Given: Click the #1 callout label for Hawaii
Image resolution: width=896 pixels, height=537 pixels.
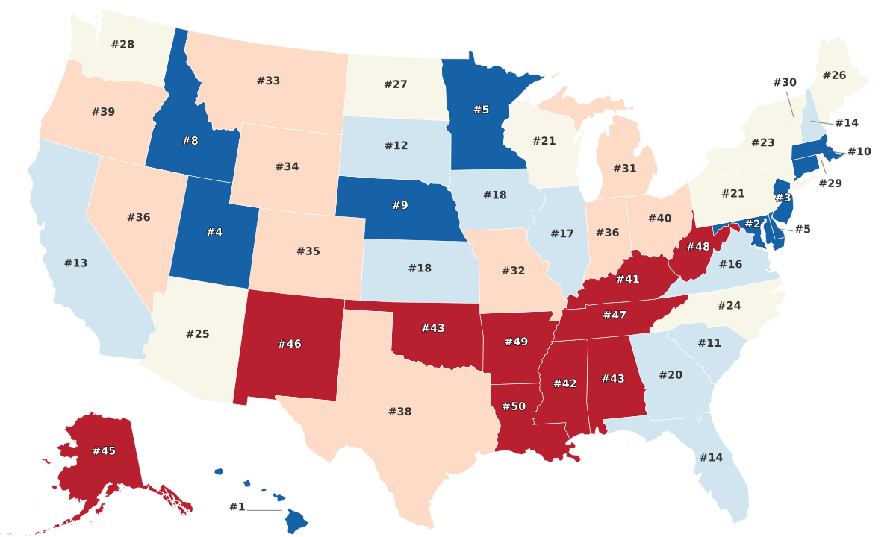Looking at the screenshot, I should (237, 507).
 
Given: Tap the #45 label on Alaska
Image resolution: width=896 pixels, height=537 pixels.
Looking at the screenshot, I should (104, 450).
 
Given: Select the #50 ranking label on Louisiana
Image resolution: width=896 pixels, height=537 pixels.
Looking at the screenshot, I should (514, 406).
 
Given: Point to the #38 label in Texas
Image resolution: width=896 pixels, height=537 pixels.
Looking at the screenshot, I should (399, 411).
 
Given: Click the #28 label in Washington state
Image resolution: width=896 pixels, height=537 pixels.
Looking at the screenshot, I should (122, 44).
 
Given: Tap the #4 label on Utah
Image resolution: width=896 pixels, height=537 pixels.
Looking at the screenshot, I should (214, 232).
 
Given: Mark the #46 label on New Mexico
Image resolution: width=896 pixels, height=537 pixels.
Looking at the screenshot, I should (289, 343).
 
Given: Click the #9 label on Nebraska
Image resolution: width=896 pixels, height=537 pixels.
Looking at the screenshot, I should (400, 204).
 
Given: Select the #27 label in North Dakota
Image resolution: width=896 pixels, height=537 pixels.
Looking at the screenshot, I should (396, 84).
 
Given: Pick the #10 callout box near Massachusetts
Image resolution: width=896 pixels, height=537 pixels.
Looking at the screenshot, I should (859, 151).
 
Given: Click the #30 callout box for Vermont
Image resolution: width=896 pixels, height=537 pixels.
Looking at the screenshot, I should (785, 82).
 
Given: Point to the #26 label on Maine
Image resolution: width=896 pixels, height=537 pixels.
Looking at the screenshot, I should (834, 75).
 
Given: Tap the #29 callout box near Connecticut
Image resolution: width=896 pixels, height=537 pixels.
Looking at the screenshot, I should (829, 183).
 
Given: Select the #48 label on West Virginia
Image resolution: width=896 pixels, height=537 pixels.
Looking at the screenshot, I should (698, 246).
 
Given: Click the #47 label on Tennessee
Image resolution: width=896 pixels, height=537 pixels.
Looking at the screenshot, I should (614, 315).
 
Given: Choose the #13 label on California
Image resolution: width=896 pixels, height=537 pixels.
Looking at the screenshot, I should (75, 263).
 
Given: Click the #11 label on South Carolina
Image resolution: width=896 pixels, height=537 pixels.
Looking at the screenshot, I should (709, 342).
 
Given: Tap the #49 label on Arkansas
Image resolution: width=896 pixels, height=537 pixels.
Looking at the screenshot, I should (516, 342).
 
